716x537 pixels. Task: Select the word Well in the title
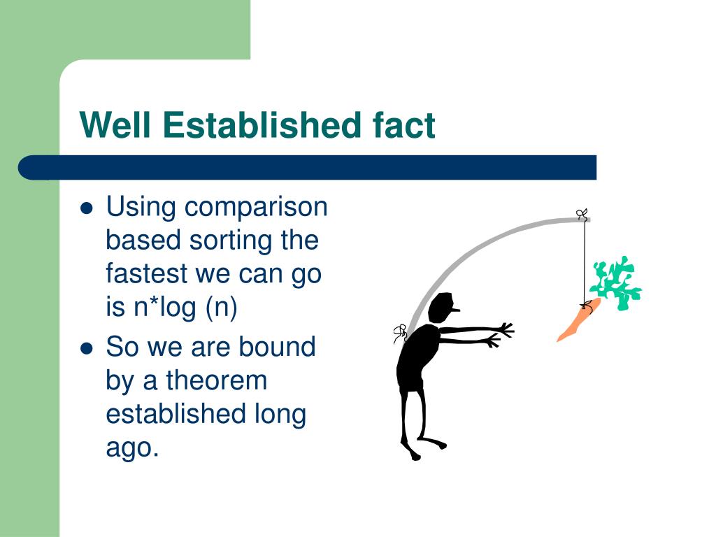115,124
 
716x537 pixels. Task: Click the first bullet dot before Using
86,208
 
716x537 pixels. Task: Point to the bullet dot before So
86,348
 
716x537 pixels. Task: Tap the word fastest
147,273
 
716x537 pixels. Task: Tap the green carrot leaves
615,283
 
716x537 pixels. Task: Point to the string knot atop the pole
582,214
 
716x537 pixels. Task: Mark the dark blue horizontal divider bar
308,168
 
